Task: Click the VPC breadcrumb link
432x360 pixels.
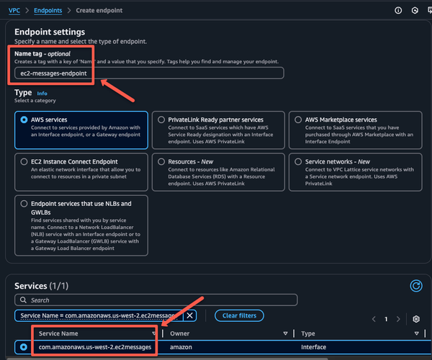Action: [x=14, y=11]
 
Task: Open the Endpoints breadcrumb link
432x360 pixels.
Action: [x=47, y=11]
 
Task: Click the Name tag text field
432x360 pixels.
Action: [x=149, y=73]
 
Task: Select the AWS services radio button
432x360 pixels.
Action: [x=26, y=120]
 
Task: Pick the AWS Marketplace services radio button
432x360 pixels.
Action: [x=297, y=120]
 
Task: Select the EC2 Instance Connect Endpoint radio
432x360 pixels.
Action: [x=26, y=161]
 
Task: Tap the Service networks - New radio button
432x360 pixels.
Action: [x=297, y=161]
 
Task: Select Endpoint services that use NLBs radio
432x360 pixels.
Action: [x=26, y=204]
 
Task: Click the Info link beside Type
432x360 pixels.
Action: [x=42, y=94]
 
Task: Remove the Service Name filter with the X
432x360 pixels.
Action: [x=190, y=315]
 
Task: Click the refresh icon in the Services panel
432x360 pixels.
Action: [x=415, y=286]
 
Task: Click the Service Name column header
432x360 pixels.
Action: [x=59, y=333]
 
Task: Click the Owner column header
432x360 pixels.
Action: [x=180, y=333]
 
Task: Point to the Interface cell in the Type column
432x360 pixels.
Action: [x=313, y=348]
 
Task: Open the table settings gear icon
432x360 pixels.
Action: [x=415, y=319]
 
